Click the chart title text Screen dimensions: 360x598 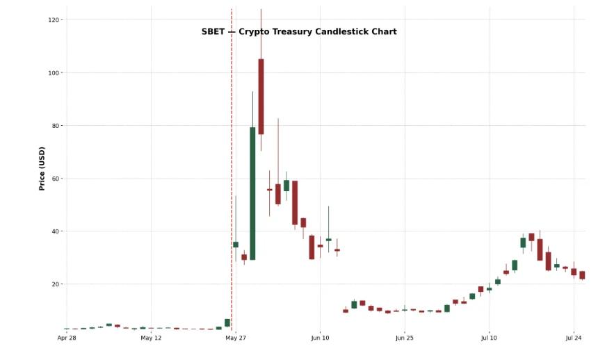click(299, 32)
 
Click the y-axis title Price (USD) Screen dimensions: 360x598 click(42, 168)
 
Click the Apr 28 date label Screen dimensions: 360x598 click(67, 338)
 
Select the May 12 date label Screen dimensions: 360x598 click(151, 338)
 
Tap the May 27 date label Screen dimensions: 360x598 click(236, 338)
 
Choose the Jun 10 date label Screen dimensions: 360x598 click(320, 338)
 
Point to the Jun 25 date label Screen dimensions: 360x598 click(405, 338)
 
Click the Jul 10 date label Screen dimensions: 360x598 click(489, 338)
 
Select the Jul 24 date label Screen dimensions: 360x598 click(574, 338)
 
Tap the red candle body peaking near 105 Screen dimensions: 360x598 click(261, 97)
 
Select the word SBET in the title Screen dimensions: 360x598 click(213, 32)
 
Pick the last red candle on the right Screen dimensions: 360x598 click(582, 275)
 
